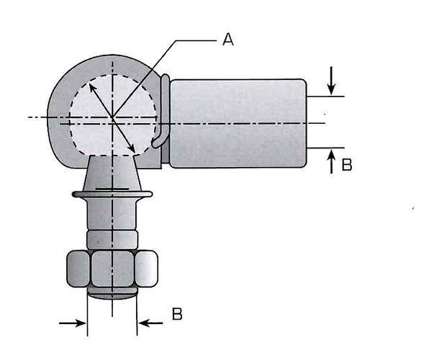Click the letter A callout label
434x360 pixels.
(228, 39)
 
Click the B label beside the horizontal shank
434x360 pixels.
(347, 164)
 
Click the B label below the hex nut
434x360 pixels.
(177, 314)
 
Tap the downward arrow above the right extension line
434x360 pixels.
(331, 81)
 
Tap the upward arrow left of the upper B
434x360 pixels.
(331, 161)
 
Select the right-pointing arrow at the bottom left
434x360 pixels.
(73, 323)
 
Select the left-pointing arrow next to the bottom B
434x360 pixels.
(150, 323)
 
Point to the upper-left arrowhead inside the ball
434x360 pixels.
(93, 88)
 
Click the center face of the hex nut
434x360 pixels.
(112, 269)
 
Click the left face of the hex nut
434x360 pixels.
(78, 269)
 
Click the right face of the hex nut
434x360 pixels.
(146, 269)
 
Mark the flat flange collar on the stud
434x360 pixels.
(112, 194)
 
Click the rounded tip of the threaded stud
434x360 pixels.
(112, 294)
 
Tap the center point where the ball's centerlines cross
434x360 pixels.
(112, 117)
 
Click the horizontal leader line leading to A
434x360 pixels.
(196, 41)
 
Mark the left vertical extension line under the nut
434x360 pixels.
(88, 315)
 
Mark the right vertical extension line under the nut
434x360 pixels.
(137, 315)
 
